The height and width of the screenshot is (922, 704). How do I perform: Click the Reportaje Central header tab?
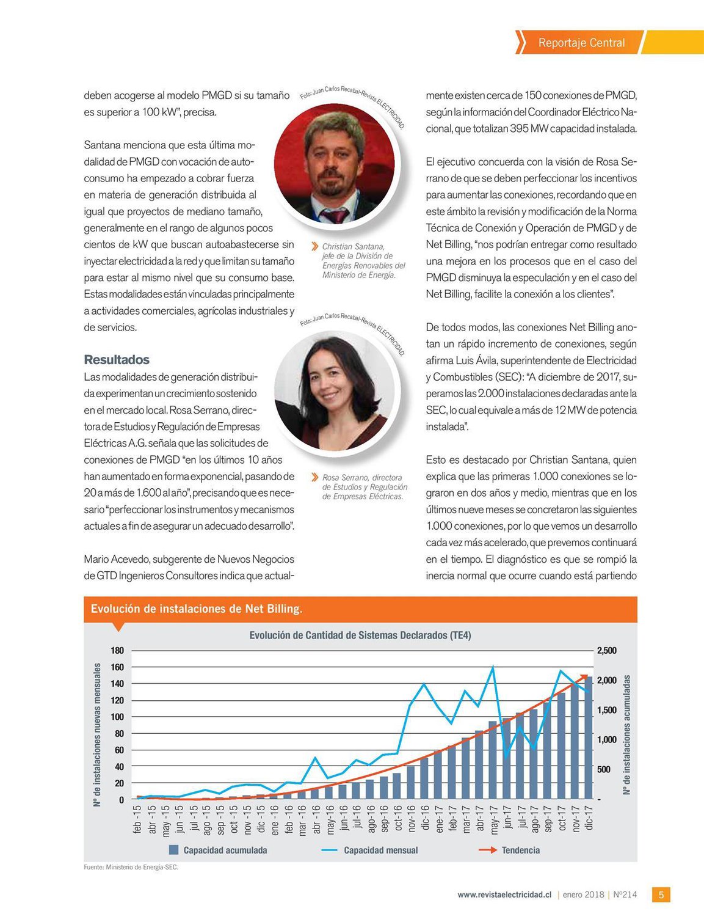tap(581, 43)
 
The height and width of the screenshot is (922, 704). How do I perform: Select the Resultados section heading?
tap(117, 360)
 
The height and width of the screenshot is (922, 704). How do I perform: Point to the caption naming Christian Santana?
tap(363, 261)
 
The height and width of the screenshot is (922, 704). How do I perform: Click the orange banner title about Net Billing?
tap(197, 609)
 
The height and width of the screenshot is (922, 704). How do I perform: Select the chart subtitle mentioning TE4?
tap(360, 635)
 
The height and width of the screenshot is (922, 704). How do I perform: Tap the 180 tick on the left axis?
tap(117, 651)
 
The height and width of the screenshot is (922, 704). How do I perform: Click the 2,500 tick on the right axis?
tap(606, 651)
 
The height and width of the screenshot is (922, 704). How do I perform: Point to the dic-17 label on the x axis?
tap(589, 818)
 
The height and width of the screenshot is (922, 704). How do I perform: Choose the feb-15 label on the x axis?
tap(137, 819)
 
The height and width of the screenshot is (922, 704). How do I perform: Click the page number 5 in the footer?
tap(661, 895)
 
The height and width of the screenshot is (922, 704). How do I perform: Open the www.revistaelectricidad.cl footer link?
tap(504, 895)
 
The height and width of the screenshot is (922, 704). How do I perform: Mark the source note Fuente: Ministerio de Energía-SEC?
tap(131, 867)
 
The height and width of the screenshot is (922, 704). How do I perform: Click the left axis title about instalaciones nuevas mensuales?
tap(97, 735)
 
